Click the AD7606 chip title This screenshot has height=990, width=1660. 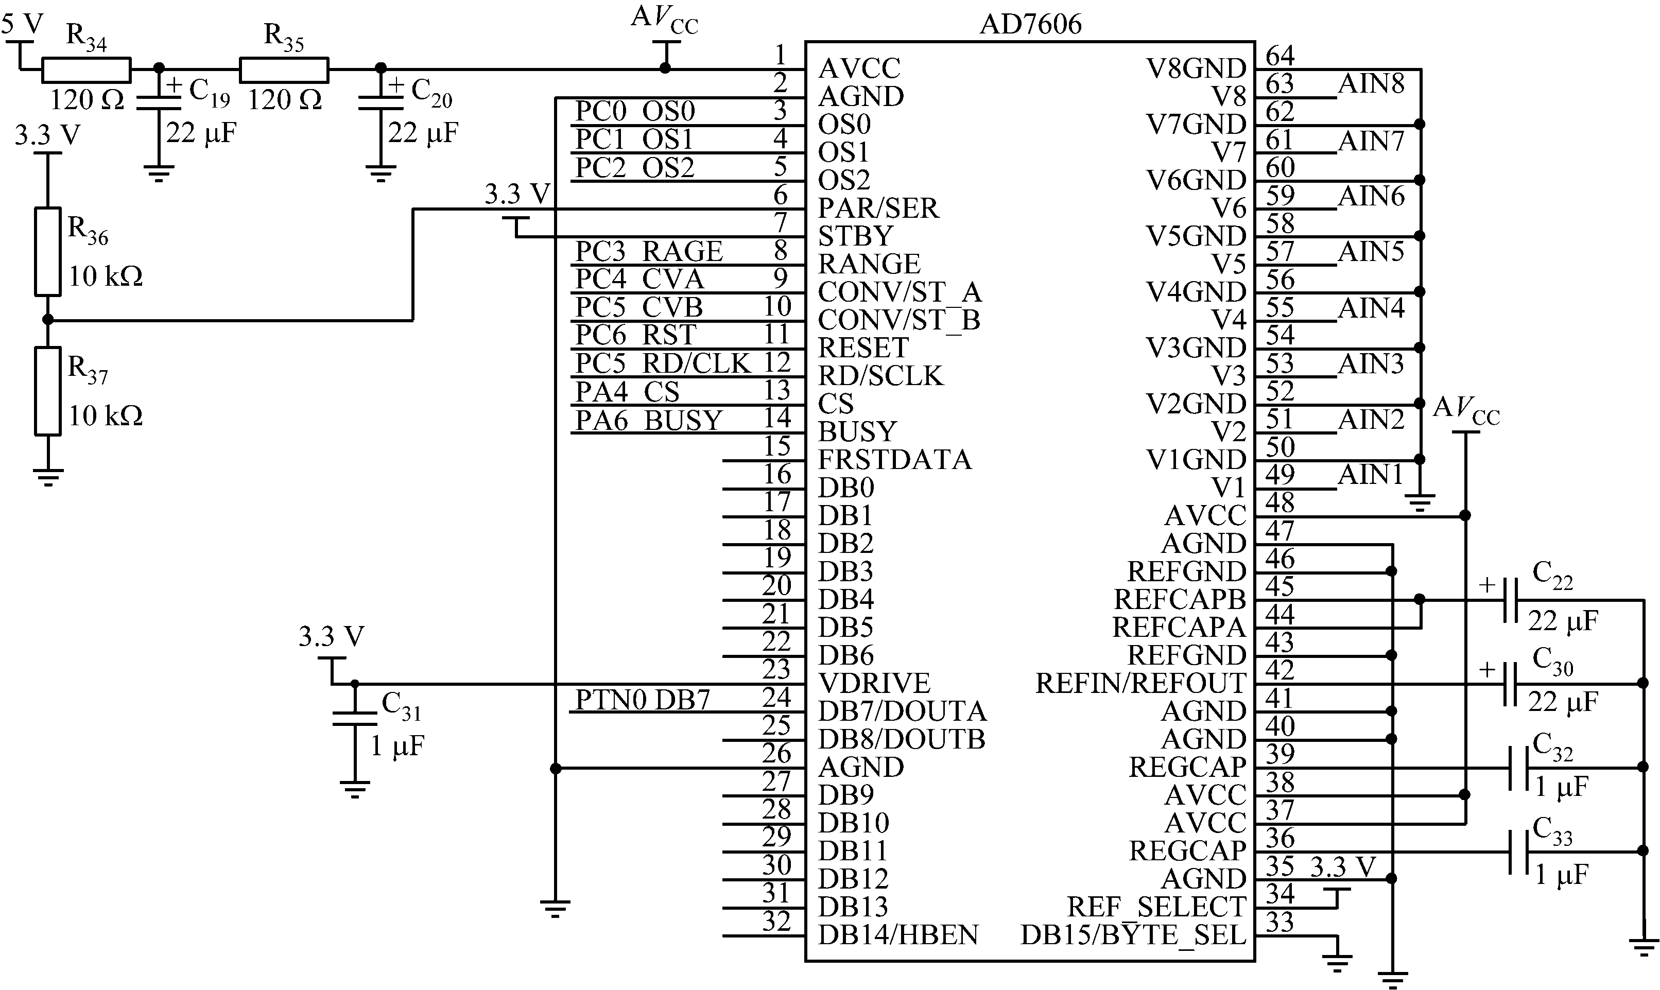click(1030, 25)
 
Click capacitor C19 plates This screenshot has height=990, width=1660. click(158, 103)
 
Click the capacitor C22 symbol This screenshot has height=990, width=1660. click(1511, 600)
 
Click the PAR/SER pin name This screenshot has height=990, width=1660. click(878, 208)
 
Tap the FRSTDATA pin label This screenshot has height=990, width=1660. click(894, 460)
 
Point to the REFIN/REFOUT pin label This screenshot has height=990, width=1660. click(1140, 683)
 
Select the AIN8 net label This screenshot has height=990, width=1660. click(1371, 84)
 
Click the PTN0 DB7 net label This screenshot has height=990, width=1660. click(642, 700)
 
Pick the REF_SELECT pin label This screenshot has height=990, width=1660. click(1155, 907)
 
